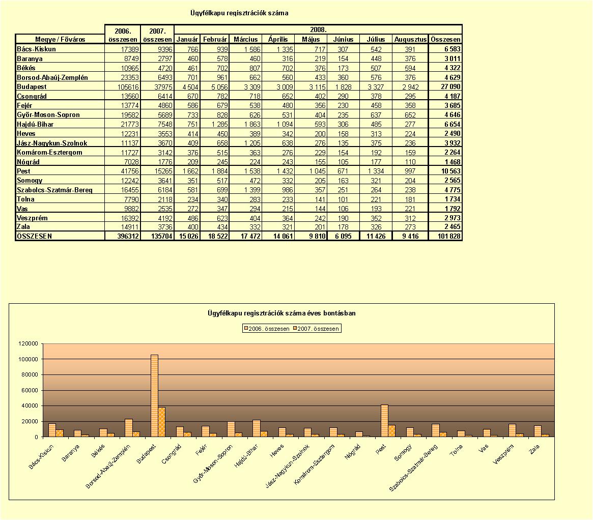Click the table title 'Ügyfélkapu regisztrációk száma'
coord(239,13)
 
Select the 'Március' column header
coord(245,39)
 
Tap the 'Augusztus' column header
coord(410,39)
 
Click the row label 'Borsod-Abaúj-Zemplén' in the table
coord(52,77)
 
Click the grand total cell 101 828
coord(449,236)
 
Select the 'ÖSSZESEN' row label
coord(35,236)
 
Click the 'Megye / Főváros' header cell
coord(60,39)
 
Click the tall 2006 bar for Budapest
coord(154,396)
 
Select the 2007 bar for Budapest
coord(162,422)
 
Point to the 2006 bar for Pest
coord(384,421)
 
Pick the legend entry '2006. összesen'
coord(267,329)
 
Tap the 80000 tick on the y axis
coord(29,375)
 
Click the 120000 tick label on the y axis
coord(29,344)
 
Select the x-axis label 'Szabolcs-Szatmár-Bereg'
coord(413,468)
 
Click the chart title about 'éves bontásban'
coord(282,313)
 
